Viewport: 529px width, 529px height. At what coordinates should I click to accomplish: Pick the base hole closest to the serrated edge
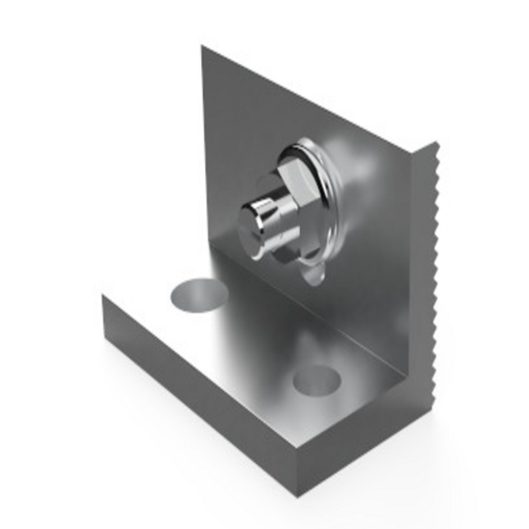[x=317, y=379]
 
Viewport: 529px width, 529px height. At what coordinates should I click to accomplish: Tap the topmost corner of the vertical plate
[x=203, y=47]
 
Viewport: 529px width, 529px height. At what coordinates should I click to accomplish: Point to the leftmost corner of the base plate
[x=102, y=297]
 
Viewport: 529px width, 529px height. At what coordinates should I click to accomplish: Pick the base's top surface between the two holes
[x=254, y=336]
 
